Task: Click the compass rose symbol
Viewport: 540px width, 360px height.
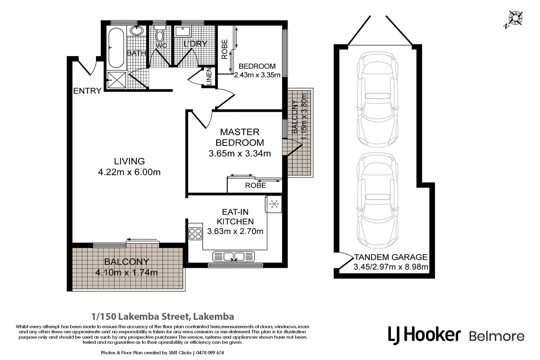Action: (516, 18)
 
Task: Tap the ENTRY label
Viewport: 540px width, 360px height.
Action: (87, 91)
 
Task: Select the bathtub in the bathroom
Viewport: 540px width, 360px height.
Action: (116, 48)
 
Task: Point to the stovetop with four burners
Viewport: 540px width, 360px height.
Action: (195, 233)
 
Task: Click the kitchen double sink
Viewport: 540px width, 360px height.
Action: (234, 257)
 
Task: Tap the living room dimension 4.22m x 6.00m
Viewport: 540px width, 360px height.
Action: (129, 172)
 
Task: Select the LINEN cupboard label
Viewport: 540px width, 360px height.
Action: (209, 77)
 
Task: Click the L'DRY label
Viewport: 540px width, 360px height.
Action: (195, 44)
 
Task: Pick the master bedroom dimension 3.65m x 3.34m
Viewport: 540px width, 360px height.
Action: (239, 153)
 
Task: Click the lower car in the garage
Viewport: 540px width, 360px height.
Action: (377, 200)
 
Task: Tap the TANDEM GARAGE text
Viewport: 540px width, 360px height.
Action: (391, 257)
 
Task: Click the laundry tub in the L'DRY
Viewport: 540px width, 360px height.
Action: (183, 31)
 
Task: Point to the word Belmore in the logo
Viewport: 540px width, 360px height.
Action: (496, 336)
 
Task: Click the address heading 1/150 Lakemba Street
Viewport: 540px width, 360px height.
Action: (163, 316)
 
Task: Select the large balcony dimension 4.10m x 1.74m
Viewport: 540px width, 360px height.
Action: (126, 273)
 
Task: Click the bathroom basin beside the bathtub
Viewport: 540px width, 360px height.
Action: (136, 31)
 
